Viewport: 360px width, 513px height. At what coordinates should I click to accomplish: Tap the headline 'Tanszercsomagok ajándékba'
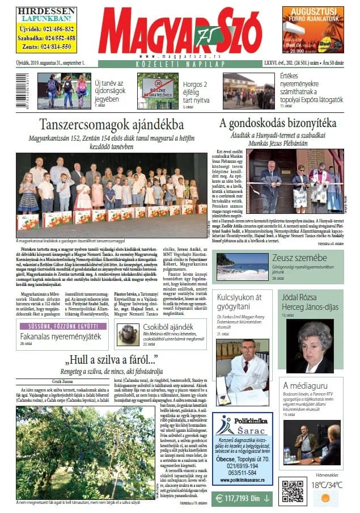click(111, 125)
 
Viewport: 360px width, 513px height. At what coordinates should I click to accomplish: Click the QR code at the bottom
click(293, 492)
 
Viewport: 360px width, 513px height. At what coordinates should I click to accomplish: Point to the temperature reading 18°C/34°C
click(327, 485)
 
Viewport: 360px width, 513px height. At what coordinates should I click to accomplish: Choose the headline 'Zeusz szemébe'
click(293, 259)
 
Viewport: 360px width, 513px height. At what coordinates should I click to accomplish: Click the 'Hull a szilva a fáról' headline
click(111, 359)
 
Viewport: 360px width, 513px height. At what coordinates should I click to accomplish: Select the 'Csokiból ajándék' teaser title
click(167, 327)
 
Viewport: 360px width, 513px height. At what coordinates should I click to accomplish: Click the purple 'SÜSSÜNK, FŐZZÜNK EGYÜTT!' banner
click(63, 326)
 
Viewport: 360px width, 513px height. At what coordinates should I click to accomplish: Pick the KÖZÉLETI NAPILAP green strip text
click(180, 65)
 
